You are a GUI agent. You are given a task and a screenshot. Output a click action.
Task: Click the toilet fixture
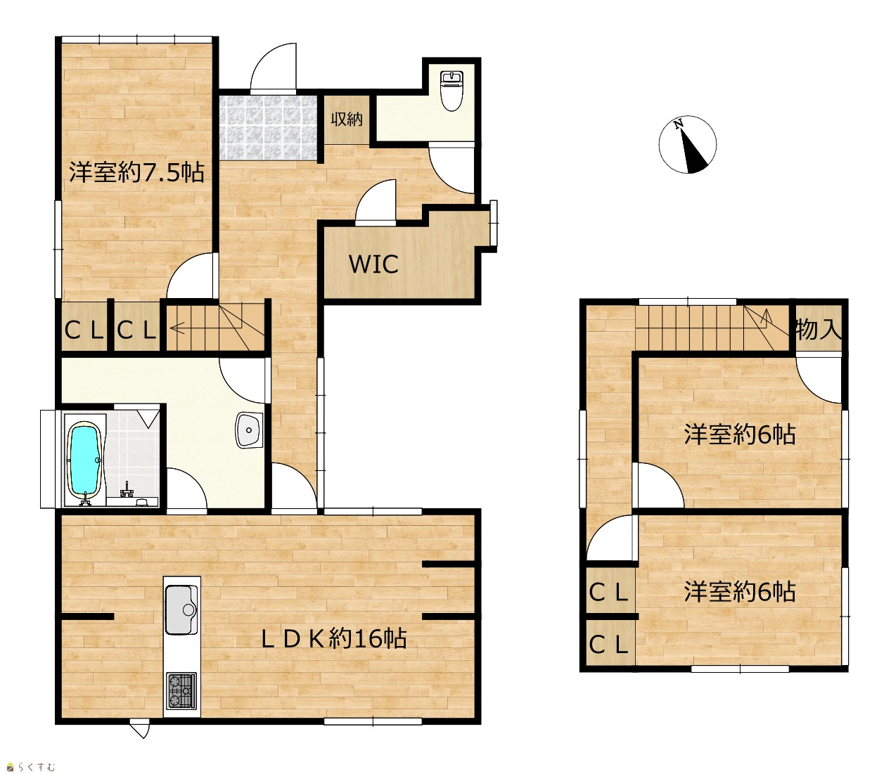pos(452,91)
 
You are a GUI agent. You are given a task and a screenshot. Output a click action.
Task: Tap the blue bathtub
pos(86,461)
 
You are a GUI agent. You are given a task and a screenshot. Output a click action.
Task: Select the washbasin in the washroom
pos(249,430)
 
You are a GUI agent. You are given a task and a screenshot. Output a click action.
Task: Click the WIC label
pos(373,264)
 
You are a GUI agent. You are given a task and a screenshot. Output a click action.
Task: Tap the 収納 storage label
pos(346,119)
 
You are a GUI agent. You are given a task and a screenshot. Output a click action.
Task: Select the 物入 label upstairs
pos(819,330)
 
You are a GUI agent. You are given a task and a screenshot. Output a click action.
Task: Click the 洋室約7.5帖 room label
pos(136,172)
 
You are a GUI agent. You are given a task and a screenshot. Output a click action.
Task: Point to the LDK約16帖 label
pos(334,639)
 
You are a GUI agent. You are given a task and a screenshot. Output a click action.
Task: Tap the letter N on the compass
pos(678,124)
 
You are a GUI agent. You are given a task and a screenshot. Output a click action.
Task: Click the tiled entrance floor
pos(268,128)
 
